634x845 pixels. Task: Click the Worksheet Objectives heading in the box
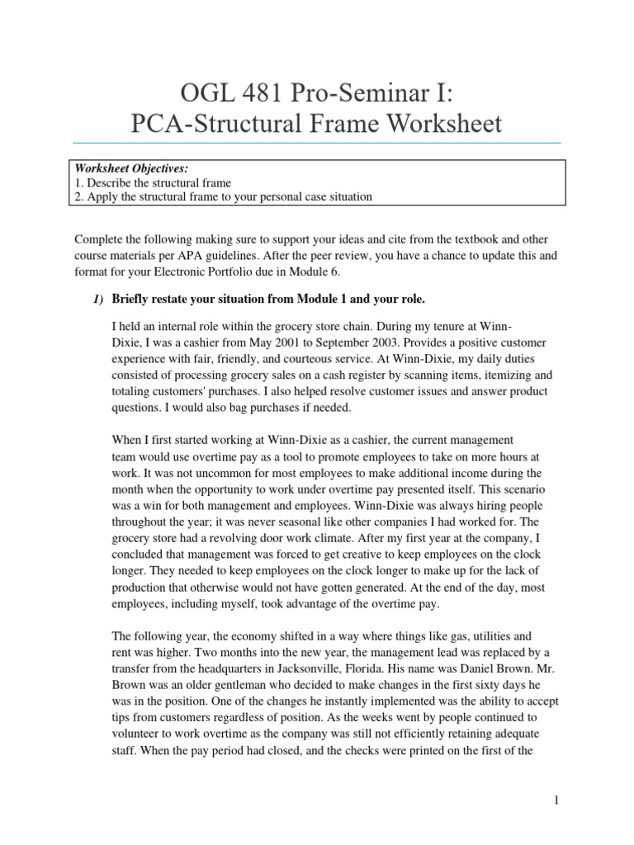[125, 168]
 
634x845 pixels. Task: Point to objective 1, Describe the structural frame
[153, 182]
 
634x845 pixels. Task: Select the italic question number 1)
[97, 299]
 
